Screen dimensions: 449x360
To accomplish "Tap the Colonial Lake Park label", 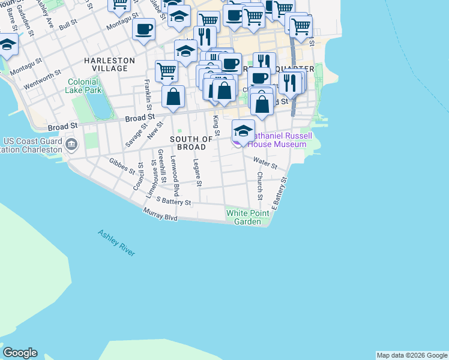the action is (83, 86).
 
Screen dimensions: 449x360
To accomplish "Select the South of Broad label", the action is (191, 143).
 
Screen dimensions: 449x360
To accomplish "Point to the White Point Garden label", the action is (244, 217).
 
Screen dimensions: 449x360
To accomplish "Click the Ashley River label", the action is (116, 243).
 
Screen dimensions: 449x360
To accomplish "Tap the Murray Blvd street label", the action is (160, 214).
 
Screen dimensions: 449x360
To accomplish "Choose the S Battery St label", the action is (173, 201).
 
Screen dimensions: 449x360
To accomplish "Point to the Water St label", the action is (265, 163).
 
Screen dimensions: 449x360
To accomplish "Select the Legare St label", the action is (197, 173).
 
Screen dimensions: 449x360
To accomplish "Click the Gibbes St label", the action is (122, 166).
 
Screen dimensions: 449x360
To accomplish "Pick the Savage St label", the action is (136, 135).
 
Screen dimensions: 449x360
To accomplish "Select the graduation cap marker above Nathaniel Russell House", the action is (243, 131).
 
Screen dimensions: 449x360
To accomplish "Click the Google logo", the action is (20, 353).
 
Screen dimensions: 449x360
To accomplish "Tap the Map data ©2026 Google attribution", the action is (412, 355).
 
